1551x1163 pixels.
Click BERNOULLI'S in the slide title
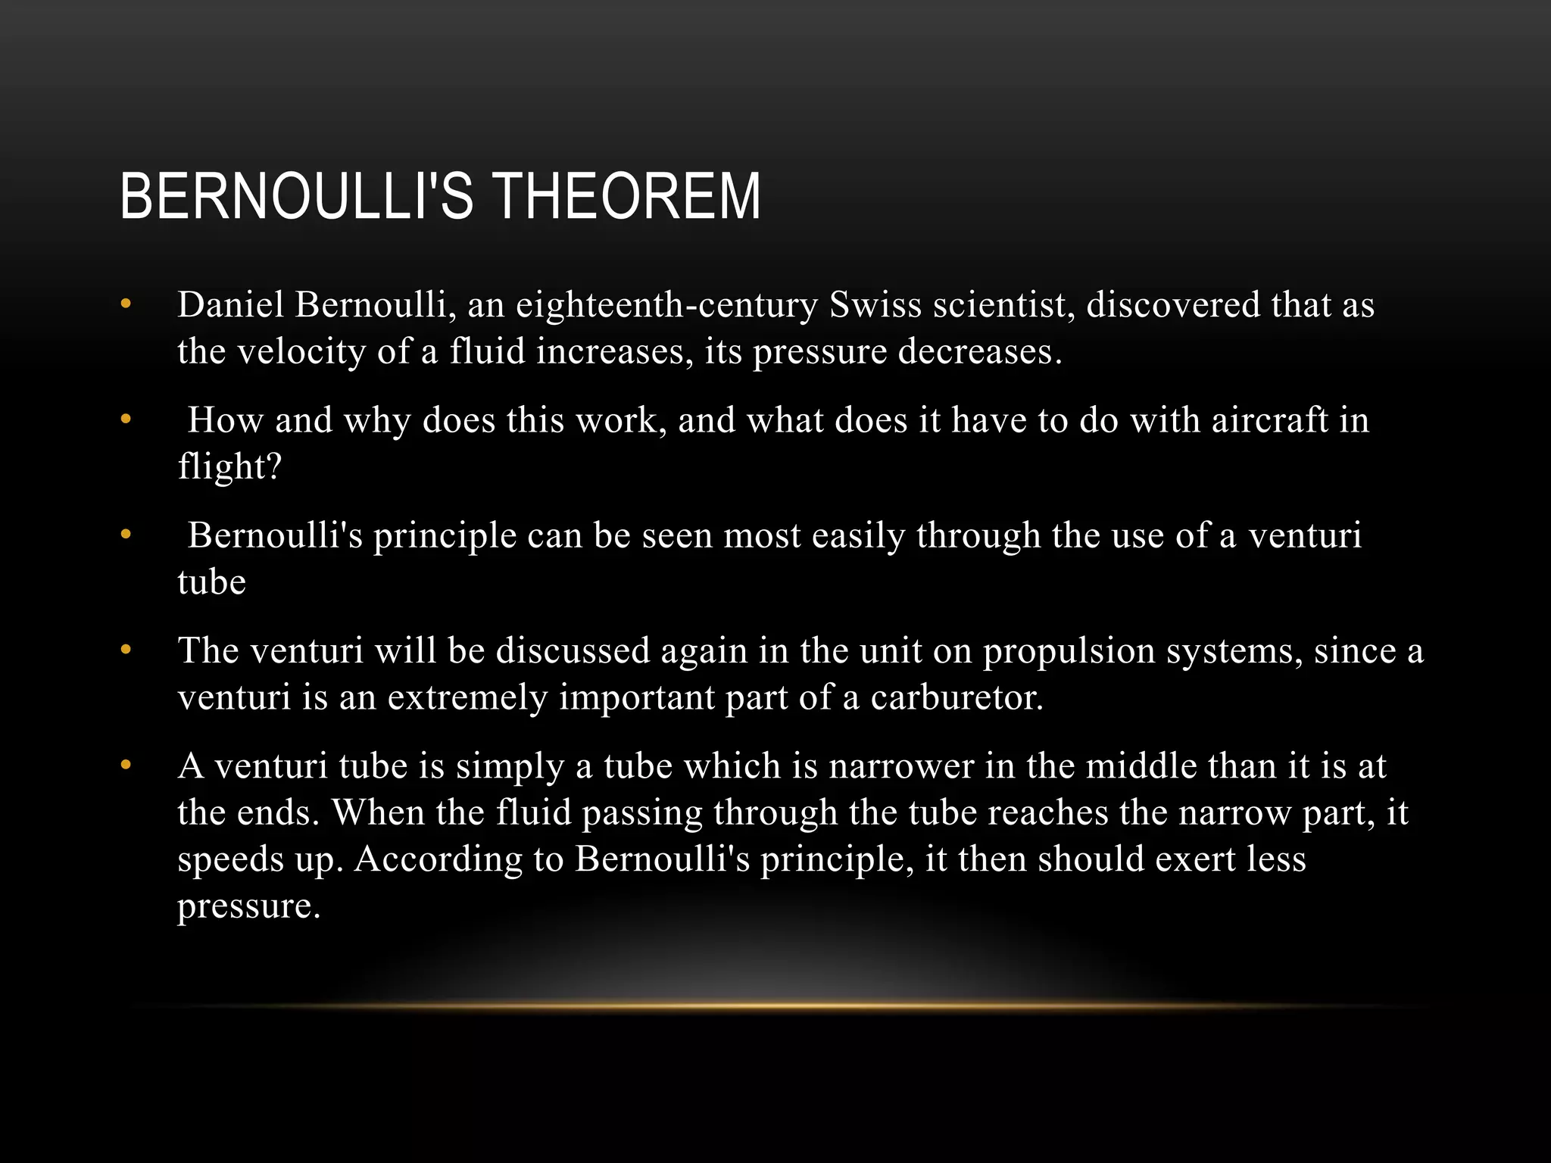(296, 197)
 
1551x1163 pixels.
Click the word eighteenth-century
(666, 305)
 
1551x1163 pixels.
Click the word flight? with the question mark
(229, 467)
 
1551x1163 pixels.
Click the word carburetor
(957, 698)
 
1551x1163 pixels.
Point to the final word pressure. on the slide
(248, 906)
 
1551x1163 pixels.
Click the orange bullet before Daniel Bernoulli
(126, 305)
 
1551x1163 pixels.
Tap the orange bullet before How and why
(126, 420)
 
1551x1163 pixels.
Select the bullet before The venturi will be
(126, 651)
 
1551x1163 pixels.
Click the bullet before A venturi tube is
(126, 766)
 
